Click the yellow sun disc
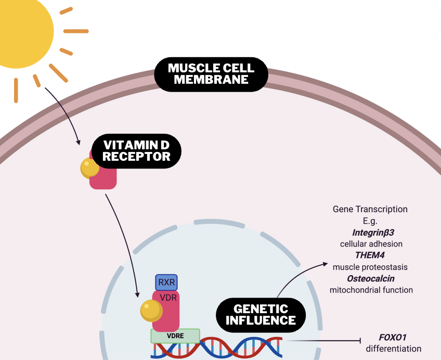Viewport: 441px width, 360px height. [x=21, y=29]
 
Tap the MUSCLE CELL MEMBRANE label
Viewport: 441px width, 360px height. [x=211, y=74]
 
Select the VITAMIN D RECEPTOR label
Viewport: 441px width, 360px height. [x=137, y=150]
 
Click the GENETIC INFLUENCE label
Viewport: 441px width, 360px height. [x=261, y=314]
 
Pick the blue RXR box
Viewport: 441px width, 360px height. [x=166, y=282]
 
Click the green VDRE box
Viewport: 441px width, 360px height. [x=175, y=336]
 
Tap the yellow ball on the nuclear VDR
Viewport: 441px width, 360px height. [x=151, y=311]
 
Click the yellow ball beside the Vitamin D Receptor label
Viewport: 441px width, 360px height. [x=89, y=168]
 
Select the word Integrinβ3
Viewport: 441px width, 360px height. [x=370, y=232]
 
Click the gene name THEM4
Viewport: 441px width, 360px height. [x=370, y=255]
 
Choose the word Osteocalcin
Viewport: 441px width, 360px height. [x=370, y=278]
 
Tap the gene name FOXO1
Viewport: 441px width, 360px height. [x=393, y=337]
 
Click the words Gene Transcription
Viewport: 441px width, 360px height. [x=370, y=209]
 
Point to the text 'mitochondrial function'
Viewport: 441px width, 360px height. [x=371, y=290]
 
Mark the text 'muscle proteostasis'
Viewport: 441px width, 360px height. [x=370, y=267]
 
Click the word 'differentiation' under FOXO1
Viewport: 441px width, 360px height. [x=393, y=349]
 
